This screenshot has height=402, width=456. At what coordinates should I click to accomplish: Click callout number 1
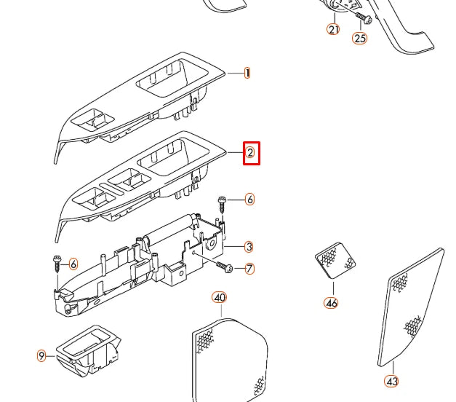247,73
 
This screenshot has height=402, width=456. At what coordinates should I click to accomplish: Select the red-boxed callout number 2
250,153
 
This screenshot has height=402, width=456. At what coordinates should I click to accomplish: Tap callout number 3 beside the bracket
249,247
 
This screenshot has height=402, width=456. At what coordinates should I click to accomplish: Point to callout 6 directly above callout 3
249,199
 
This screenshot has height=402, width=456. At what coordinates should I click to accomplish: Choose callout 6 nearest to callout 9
73,264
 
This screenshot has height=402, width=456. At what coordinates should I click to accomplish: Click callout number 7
249,269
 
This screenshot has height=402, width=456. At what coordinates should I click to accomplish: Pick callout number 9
41,355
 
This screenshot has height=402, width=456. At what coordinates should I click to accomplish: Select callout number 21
333,29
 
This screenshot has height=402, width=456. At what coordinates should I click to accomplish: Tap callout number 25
360,38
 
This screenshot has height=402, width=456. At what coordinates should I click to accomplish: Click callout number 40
220,297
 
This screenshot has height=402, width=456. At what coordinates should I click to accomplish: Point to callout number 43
391,381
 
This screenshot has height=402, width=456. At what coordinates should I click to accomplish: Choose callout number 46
331,302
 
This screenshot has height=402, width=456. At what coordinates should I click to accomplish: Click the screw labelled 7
223,267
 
